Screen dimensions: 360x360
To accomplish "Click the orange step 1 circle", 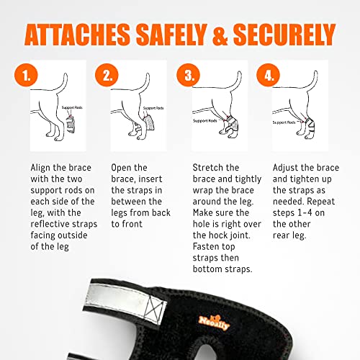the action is tap(26, 75).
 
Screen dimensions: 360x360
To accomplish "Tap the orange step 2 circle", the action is tap(107, 75).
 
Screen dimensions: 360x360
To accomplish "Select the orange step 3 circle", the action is tap(189, 75).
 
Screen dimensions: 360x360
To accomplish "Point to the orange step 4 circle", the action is tap(269, 75).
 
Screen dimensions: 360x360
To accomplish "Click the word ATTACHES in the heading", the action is tap(77, 35).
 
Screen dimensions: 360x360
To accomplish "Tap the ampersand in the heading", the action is tap(220, 35).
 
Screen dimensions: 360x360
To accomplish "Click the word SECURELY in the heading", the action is tap(284, 35).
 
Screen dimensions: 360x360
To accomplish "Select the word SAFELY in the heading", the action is tap(171, 35).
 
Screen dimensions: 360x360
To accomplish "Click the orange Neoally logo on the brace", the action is tap(214, 323).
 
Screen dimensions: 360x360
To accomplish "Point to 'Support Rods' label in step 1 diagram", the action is tap(72, 107).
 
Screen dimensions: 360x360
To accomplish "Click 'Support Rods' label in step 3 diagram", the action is tap(205, 121).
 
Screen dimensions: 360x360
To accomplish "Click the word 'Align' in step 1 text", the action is tap(41, 168).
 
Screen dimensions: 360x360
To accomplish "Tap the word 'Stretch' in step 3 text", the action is tap(207, 168).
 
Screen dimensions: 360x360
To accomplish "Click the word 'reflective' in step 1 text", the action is tap(50, 224).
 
